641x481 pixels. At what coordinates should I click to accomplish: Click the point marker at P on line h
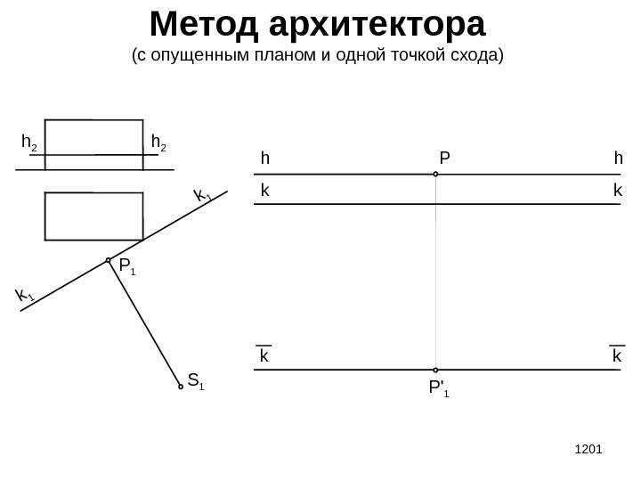coord(435,175)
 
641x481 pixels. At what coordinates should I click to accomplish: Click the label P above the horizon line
coord(444,159)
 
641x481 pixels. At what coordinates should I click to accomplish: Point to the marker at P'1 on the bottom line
coord(435,370)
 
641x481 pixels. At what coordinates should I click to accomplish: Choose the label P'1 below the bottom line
coord(438,388)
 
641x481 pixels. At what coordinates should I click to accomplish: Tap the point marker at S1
coord(181,387)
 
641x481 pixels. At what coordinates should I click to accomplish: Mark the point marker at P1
coord(108,260)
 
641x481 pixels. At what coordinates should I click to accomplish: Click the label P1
coord(126,266)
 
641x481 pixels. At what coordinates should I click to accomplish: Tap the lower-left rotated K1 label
coord(24,295)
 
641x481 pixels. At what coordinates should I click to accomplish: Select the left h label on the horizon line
coord(264,159)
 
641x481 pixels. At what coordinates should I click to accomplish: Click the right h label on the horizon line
coord(618,159)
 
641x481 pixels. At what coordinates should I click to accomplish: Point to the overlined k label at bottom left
coord(264,355)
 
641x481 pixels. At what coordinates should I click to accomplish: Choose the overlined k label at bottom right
coord(617,355)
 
